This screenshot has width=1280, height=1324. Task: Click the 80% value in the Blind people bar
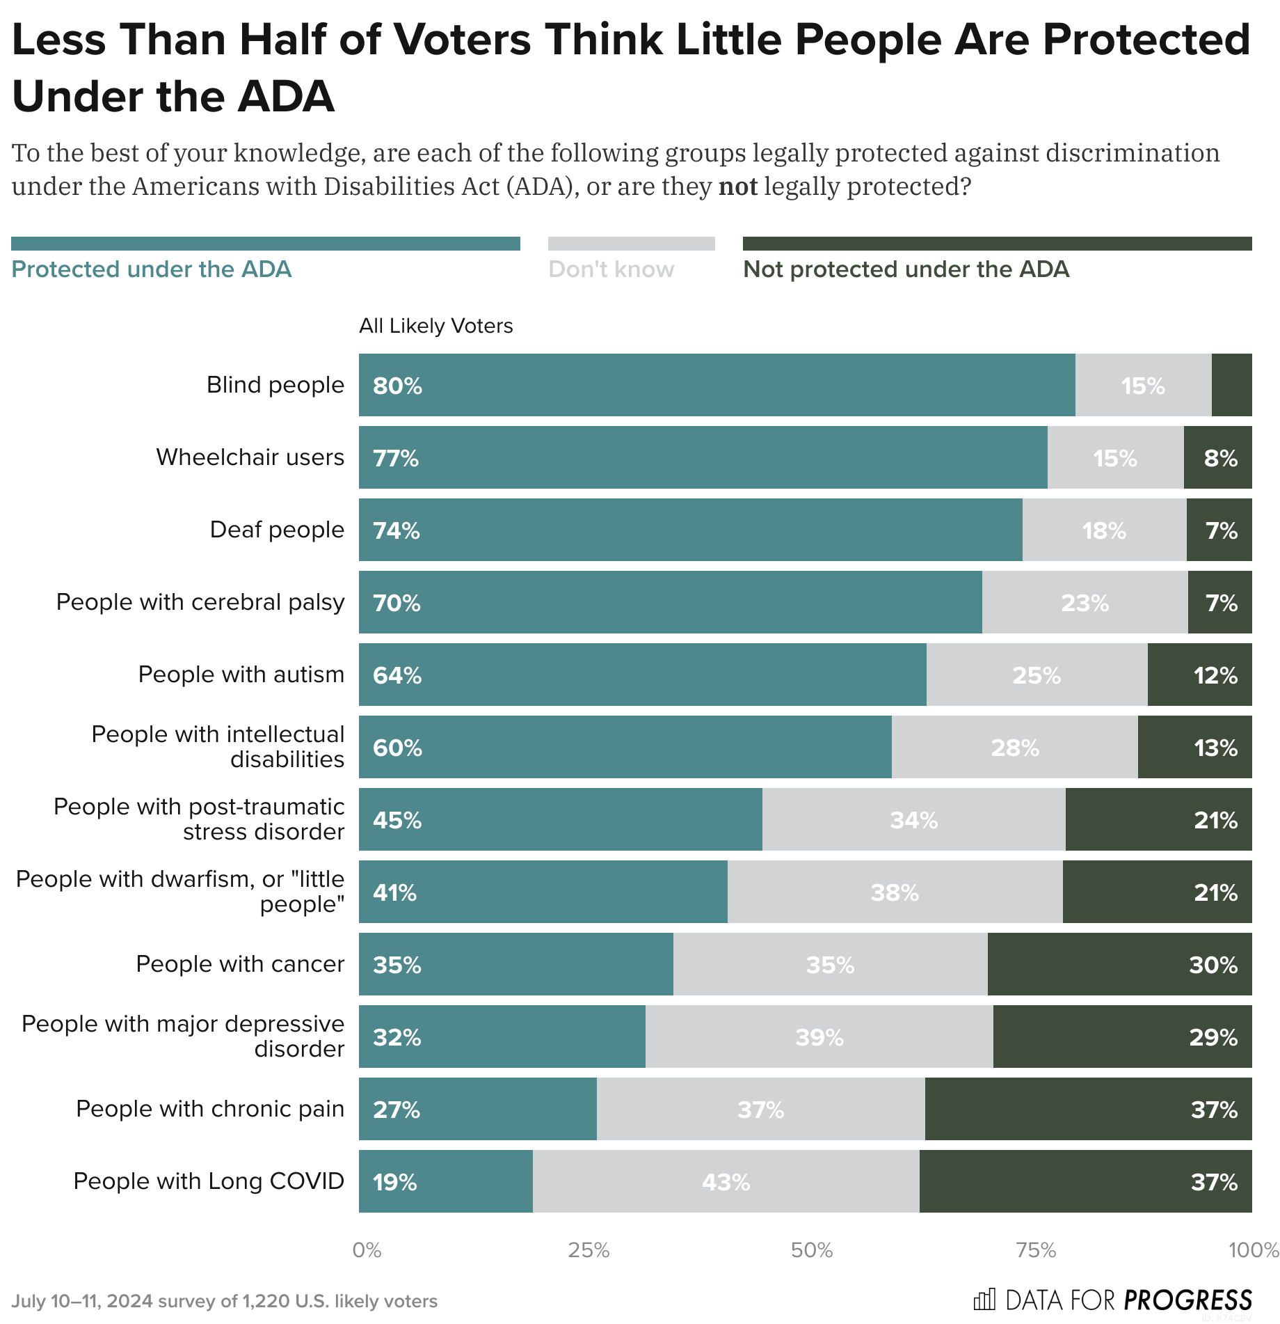click(397, 386)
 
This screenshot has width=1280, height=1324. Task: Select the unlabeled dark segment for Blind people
click(1231, 385)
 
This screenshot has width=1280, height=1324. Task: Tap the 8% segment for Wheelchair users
click(1218, 458)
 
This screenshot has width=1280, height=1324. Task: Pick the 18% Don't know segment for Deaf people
click(1104, 530)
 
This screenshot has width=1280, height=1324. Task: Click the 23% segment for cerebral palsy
click(1085, 603)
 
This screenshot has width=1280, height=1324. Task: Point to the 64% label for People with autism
click(397, 675)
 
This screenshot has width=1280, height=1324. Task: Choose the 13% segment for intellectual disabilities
click(1194, 748)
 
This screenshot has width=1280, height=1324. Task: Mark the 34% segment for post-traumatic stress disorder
click(913, 820)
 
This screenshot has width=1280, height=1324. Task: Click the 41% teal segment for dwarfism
click(543, 892)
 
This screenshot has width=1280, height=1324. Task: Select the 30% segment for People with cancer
click(1119, 965)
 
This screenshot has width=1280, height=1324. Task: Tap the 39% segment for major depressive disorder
click(819, 1037)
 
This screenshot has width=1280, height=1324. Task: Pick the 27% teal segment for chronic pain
click(477, 1110)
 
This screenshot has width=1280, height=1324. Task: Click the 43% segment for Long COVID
click(726, 1182)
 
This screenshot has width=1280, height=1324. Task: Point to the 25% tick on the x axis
click(589, 1250)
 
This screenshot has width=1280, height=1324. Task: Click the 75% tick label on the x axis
click(1035, 1250)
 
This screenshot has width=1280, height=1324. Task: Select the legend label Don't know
click(611, 269)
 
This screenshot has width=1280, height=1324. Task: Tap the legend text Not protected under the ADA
click(906, 269)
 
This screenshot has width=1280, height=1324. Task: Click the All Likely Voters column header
click(435, 326)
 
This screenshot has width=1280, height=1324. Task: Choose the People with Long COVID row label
click(209, 1181)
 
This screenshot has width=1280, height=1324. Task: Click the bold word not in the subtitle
click(737, 187)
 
